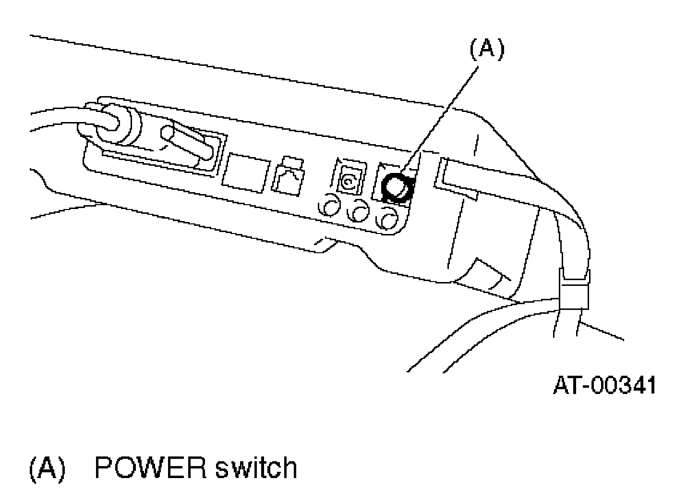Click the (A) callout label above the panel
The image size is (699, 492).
click(487, 50)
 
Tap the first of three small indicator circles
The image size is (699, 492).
click(329, 208)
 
